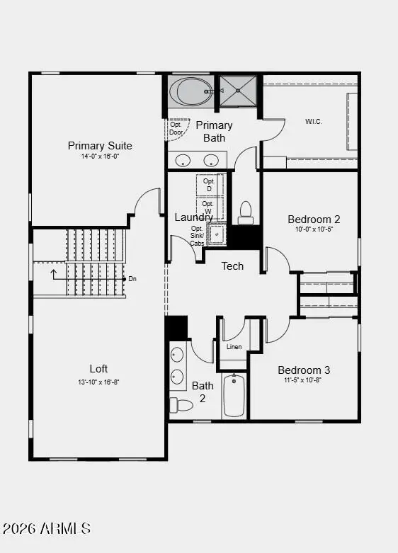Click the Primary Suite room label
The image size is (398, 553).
pos(100,146)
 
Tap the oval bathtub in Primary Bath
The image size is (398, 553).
pos(190,92)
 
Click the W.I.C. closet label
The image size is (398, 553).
pos(314,121)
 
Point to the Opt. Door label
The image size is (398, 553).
pos(176,128)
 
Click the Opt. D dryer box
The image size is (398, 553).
pos(209,184)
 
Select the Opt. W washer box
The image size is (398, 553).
pos(208,207)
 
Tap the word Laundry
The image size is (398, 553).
pos(193,217)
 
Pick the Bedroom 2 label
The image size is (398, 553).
pos(314,219)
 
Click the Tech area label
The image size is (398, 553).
pos(232,266)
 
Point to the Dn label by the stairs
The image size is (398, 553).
pos(132,279)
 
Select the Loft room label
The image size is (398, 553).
pos(98,369)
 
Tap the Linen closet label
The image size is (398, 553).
pos(234,347)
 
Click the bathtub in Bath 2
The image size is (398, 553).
pos(234,396)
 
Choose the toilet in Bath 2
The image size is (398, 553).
pos(181,405)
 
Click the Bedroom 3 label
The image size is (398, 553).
pos(304,370)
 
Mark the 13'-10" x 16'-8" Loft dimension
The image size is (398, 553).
pos(98,382)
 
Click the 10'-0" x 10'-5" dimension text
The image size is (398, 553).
pos(314,229)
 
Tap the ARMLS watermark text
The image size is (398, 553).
pos(47,528)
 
